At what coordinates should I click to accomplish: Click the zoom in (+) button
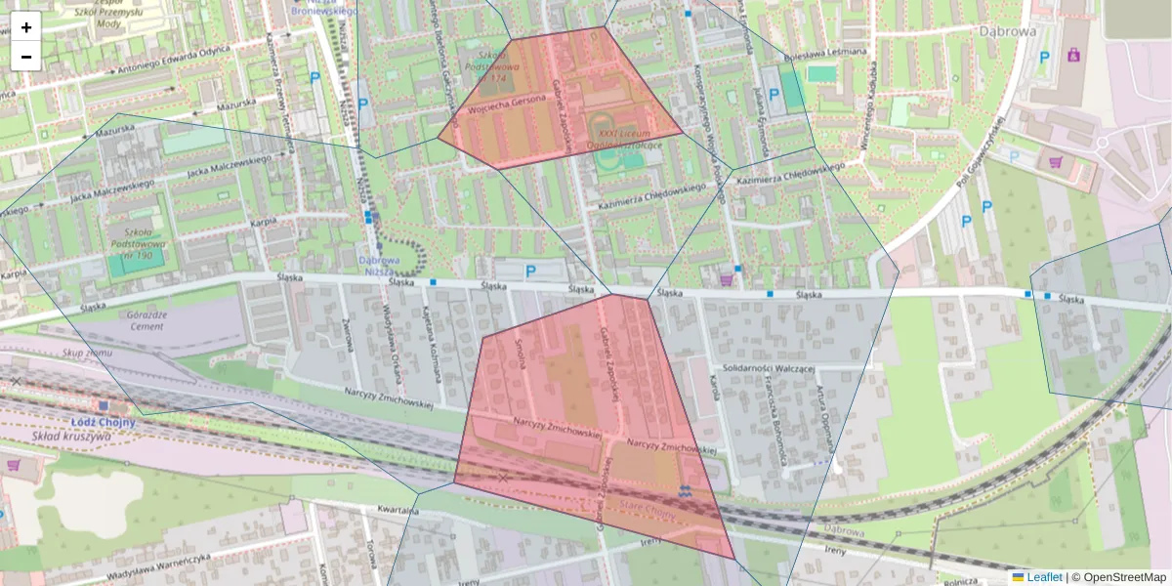point(26,27)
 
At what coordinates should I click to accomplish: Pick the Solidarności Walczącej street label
point(769,368)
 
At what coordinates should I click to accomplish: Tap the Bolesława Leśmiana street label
point(832,52)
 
